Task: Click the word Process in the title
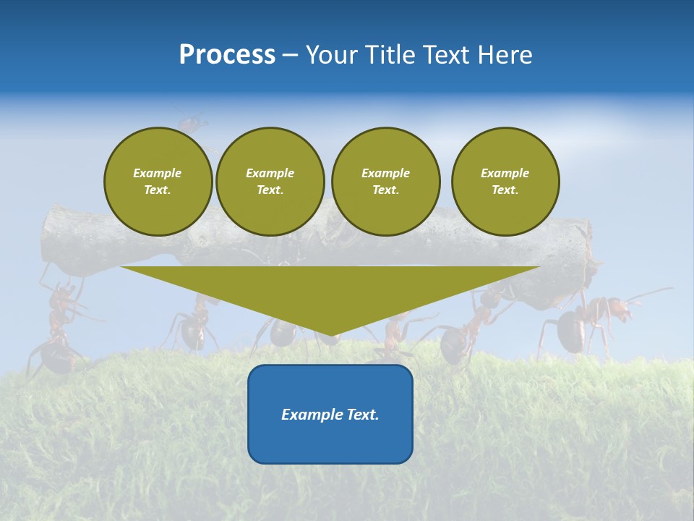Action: [227, 54]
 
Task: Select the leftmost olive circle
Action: [158, 181]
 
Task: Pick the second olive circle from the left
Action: [270, 181]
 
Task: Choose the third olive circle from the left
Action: [385, 181]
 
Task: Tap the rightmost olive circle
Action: [505, 181]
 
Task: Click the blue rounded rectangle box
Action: [330, 434]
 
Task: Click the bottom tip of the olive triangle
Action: [330, 334]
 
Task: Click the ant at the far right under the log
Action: [586, 322]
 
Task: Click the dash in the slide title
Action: [290, 55]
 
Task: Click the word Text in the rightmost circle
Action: [505, 190]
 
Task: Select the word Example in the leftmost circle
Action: [158, 173]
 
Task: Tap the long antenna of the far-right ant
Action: [651, 293]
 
